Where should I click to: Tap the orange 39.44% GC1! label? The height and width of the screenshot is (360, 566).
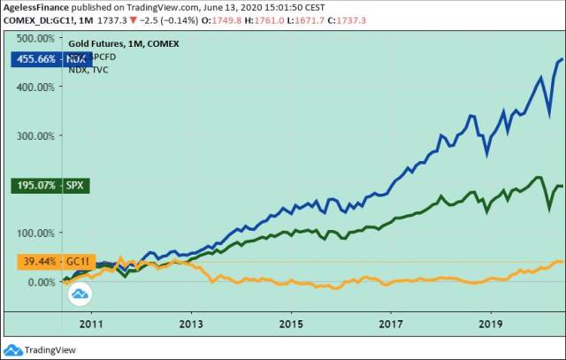pos(42,262)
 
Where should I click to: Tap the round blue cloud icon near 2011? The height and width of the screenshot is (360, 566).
pos(80,295)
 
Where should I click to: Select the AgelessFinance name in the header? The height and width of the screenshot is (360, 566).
pos(34,6)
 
